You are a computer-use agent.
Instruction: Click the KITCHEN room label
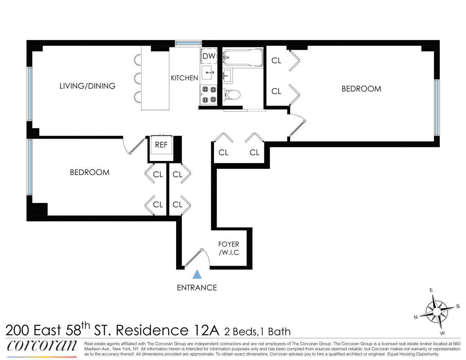184,78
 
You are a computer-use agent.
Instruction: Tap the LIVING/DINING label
87,86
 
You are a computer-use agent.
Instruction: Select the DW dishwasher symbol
209,56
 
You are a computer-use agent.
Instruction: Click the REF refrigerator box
161,145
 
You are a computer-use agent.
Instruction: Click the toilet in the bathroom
232,95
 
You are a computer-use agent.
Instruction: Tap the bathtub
243,57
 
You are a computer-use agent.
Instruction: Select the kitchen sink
207,72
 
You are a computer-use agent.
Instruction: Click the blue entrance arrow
197,274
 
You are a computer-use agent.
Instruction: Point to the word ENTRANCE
197,288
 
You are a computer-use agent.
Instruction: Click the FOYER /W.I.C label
229,248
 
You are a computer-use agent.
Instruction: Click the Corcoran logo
42,346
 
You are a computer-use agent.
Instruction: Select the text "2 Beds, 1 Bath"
257,332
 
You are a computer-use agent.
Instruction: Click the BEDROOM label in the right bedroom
361,89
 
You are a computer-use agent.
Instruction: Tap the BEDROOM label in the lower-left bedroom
90,172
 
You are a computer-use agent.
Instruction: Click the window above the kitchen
188,44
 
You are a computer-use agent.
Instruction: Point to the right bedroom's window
436,107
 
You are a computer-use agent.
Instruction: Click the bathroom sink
227,76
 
